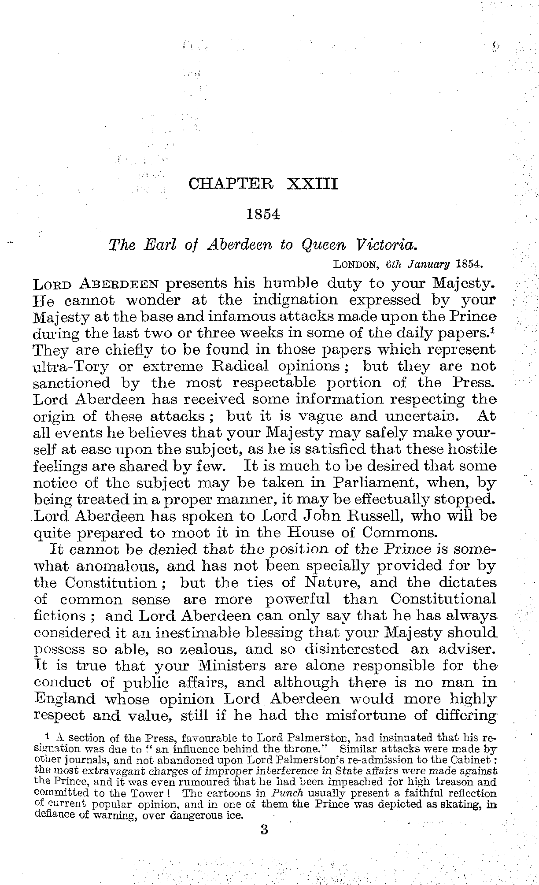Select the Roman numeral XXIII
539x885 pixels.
pyautogui.click(x=313, y=183)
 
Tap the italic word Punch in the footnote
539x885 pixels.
pyautogui.click(x=276, y=794)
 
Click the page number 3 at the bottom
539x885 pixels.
pyautogui.click(x=264, y=830)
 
